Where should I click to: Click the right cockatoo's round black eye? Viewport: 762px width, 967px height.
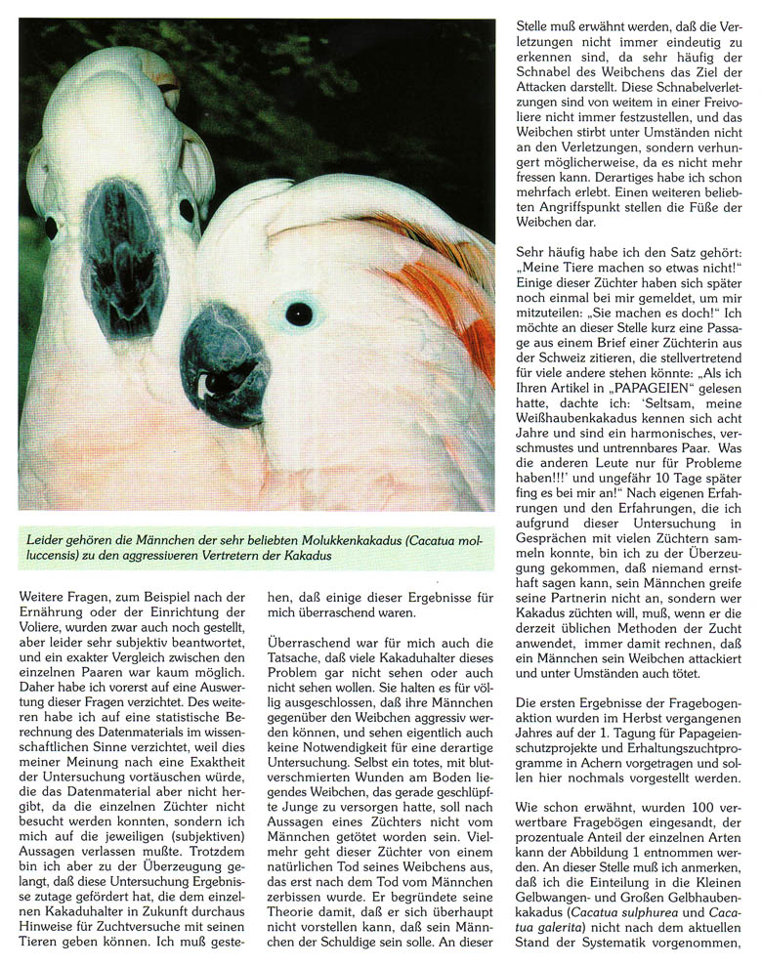[299, 314]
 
